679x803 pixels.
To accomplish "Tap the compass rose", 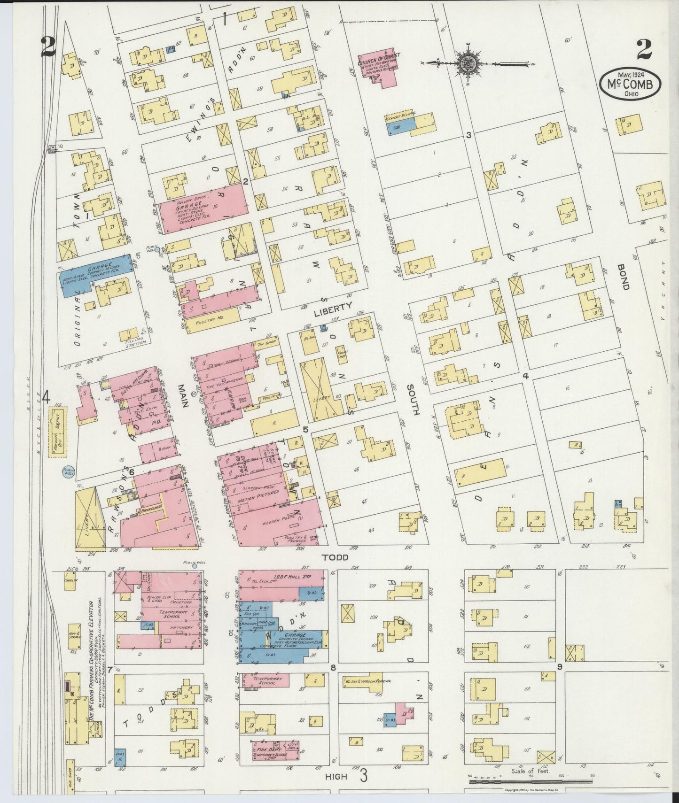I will coord(468,62).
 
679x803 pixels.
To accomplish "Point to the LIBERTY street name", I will coord(333,306).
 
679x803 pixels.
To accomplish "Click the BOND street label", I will coord(624,279).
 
